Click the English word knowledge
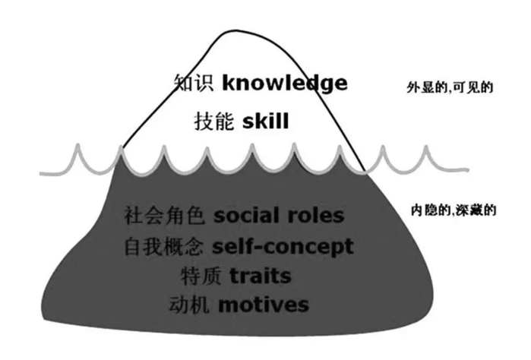coord(285,84)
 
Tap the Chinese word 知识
coord(194,83)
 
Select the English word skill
coord(266,121)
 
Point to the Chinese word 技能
coord(214,122)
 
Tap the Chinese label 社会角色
coord(165,216)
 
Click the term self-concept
coord(283,247)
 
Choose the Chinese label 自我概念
coord(164,247)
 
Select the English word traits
coord(261,276)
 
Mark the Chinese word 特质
coord(201,276)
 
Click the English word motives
coord(264,304)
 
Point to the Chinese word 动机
coord(189,305)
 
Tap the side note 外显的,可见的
coord(450,87)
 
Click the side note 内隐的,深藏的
coord(454,210)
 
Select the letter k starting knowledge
coord(228,83)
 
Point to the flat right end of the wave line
coord(469,169)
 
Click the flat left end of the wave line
coord(40,174)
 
